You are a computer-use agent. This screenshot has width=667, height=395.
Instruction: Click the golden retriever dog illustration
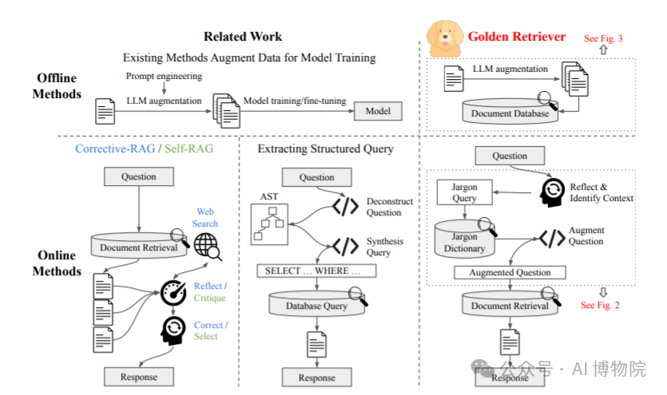(444, 34)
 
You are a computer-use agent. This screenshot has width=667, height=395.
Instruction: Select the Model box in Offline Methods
(377, 111)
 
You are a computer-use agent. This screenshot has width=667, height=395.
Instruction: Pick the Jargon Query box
(464, 192)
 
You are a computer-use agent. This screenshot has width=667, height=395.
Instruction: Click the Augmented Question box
(510, 272)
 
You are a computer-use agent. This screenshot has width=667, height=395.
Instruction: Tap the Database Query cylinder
(318, 306)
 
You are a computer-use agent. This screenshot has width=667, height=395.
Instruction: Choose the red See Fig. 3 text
(603, 38)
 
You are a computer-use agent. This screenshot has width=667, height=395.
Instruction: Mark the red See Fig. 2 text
(600, 305)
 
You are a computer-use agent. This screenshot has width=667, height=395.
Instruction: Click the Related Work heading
(243, 37)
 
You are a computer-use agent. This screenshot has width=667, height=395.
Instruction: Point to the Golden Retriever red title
(516, 36)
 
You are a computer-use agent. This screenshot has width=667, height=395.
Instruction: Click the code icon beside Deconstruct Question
(345, 207)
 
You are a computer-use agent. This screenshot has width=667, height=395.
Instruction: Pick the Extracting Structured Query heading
(326, 148)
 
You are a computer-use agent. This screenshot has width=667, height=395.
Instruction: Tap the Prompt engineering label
(164, 76)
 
